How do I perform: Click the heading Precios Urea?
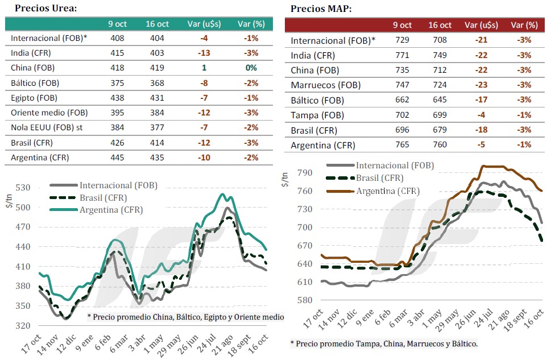[x=45, y=8]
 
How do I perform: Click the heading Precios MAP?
[x=321, y=9]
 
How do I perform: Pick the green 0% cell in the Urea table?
[x=251, y=68]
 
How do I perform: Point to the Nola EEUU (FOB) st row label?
[x=47, y=127]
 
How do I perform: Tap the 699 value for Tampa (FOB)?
[x=440, y=115]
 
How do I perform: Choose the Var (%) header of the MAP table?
[x=524, y=25]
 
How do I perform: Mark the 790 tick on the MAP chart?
[x=306, y=172]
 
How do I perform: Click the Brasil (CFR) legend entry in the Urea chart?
[x=103, y=197]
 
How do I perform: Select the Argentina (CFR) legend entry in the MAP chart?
[x=388, y=191]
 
